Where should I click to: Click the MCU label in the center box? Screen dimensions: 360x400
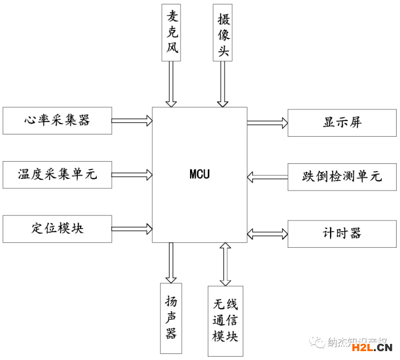coord(199,174)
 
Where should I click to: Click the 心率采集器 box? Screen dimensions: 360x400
coord(57,120)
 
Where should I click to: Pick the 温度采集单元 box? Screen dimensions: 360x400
coord(57,174)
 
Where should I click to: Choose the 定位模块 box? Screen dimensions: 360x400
coord(57,228)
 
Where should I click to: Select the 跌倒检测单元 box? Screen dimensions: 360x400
coord(342,177)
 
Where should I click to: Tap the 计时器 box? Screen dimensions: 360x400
coord(342,233)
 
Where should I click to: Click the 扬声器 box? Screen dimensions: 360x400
coord(171,317)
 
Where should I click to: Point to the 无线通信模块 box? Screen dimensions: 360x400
coord(225,321)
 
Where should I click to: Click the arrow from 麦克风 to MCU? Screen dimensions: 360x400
coord(171,83)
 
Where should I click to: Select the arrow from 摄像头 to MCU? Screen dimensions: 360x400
coord(223,83)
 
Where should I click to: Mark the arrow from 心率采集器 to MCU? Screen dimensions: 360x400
coord(132,120)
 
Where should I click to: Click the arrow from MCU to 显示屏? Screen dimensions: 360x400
coord(267,122)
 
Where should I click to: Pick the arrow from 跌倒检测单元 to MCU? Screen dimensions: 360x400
coord(267,177)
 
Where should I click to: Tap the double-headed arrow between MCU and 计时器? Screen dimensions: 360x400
coord(267,232)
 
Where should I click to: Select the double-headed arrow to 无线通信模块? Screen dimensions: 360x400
coord(225,264)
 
